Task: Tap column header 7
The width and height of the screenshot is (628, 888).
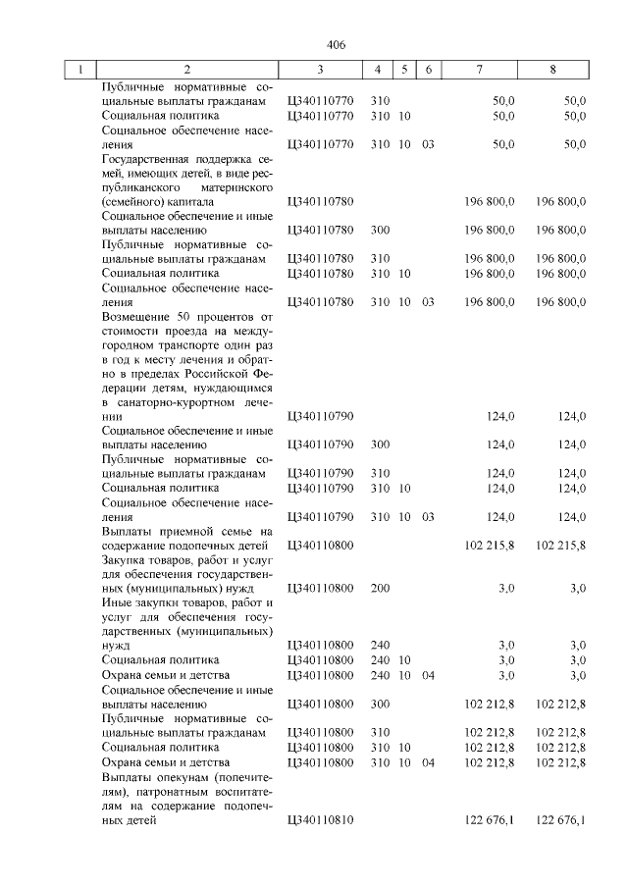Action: click(x=479, y=71)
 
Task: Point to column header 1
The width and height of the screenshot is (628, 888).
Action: click(x=79, y=71)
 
